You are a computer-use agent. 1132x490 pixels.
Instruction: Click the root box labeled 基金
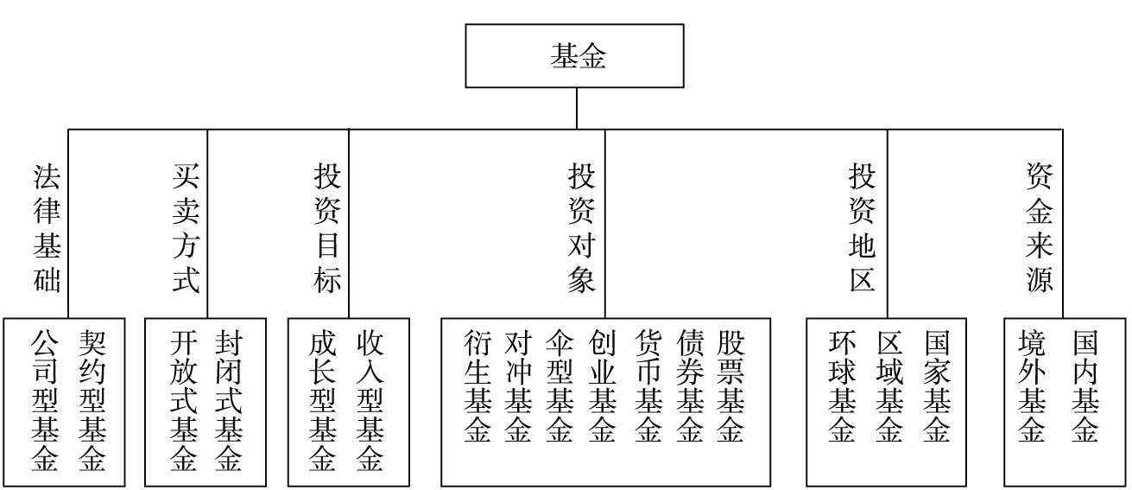click(x=574, y=55)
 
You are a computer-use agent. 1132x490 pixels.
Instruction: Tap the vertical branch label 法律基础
click(x=47, y=228)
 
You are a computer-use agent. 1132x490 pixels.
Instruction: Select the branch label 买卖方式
click(x=186, y=228)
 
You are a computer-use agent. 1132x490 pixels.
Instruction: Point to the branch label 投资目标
click(x=327, y=228)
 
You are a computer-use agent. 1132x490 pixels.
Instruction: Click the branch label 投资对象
click(x=582, y=228)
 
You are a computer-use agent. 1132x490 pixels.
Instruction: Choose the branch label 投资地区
click(x=862, y=228)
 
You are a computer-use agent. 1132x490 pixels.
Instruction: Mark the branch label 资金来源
click(x=1040, y=228)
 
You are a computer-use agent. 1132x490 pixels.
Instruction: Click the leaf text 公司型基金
click(x=45, y=401)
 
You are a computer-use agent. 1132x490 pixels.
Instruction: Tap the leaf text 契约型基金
click(x=92, y=401)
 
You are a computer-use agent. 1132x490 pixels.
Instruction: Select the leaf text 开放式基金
click(x=183, y=401)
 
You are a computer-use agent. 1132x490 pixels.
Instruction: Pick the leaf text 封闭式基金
click(x=229, y=401)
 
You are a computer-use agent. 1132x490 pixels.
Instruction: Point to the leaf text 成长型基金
click(x=322, y=401)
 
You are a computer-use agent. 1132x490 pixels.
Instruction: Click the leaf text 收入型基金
click(x=370, y=401)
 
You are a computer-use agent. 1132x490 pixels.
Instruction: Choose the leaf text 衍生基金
click(x=477, y=386)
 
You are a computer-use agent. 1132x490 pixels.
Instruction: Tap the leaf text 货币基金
click(x=648, y=386)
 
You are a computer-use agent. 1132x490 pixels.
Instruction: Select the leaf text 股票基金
click(x=730, y=386)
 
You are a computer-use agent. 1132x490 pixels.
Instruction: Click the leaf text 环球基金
click(x=842, y=386)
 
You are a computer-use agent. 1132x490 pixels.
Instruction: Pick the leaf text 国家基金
click(x=937, y=386)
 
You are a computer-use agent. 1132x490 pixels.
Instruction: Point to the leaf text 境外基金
click(x=1032, y=386)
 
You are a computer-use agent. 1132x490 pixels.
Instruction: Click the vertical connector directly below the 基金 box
click(x=577, y=108)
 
